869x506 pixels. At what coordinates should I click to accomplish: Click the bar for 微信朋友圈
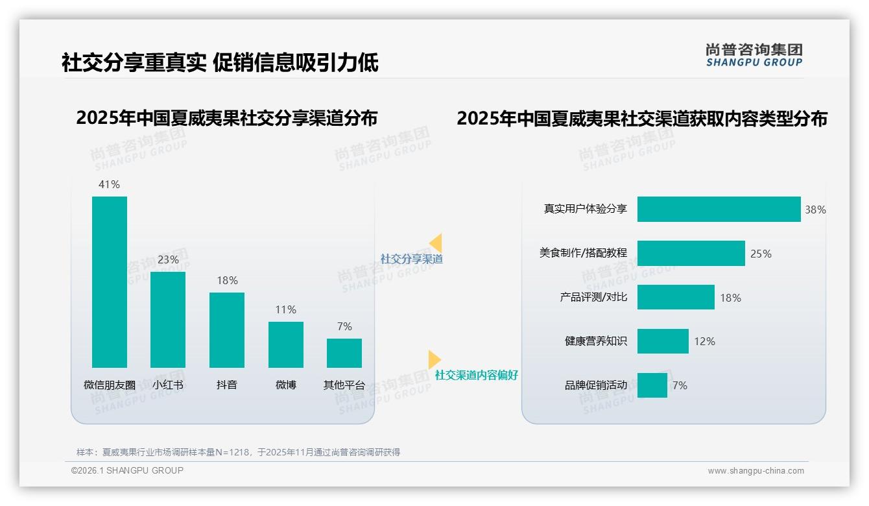tap(110, 282)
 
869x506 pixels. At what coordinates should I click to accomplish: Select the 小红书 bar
tap(168, 320)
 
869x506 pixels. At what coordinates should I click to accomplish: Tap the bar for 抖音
tap(227, 330)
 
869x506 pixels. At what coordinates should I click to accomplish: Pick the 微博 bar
tap(286, 344)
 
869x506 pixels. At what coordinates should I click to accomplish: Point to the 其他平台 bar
tap(344, 353)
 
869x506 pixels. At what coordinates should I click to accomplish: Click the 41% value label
tap(110, 184)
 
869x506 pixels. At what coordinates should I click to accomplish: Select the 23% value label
tap(168, 259)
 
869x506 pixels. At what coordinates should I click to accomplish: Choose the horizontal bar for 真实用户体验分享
tap(719, 210)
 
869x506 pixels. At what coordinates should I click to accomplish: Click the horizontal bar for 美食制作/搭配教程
tap(691, 254)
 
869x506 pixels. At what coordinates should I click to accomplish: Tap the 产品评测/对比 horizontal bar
tap(676, 297)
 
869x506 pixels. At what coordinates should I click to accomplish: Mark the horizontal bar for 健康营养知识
tap(663, 341)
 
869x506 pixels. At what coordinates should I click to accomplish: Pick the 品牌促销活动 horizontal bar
tap(652, 385)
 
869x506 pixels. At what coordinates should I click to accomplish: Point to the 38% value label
tap(815, 210)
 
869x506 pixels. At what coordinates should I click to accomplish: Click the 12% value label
tap(704, 341)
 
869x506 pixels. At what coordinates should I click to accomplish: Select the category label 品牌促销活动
tap(595, 385)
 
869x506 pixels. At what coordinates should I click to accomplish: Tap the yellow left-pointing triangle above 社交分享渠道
tap(436, 243)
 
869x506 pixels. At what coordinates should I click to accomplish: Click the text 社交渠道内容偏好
tap(477, 375)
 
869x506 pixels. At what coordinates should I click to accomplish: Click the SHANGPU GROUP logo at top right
tap(754, 55)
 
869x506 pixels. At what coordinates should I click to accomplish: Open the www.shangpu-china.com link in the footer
tap(756, 471)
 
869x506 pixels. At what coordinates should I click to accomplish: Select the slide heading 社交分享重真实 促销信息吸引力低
tap(220, 63)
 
